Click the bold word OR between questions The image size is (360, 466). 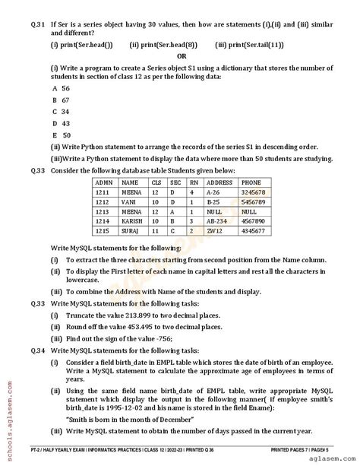click(x=182, y=55)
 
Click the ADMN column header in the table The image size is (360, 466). click(x=106, y=182)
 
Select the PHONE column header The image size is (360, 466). click(x=251, y=182)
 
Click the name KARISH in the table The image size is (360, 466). click(x=134, y=220)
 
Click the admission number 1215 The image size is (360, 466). click(x=104, y=230)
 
